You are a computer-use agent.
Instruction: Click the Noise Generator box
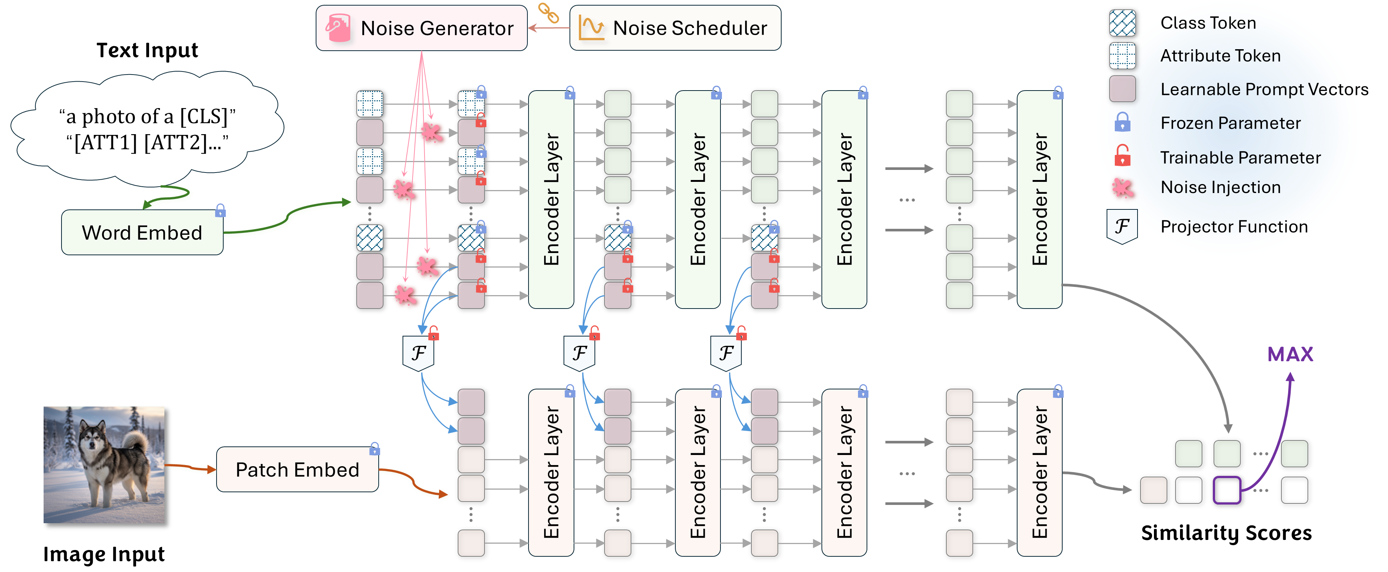tap(421, 28)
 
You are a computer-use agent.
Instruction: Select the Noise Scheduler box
tap(675, 28)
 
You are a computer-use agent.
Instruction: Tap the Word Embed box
tap(142, 233)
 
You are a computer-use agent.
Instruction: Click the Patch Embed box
tap(297, 470)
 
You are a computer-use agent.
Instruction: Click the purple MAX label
tap(1290, 354)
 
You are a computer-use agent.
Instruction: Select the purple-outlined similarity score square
tap(1227, 490)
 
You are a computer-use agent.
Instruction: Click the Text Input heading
tap(147, 50)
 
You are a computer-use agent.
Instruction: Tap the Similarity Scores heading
tap(1226, 533)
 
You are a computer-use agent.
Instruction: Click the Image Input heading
tap(104, 554)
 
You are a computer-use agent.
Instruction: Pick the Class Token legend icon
tap(1122, 23)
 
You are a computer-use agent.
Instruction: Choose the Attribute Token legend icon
tap(1122, 56)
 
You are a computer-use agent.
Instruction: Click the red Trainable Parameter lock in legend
tap(1122, 156)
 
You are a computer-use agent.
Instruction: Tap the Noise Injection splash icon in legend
tap(1122, 188)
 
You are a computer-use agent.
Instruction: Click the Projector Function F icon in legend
tap(1122, 226)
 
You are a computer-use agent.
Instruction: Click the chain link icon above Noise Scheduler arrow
tap(549, 13)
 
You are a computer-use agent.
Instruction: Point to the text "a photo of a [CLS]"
tap(147, 116)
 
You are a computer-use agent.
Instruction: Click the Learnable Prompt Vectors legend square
tap(1122, 89)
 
